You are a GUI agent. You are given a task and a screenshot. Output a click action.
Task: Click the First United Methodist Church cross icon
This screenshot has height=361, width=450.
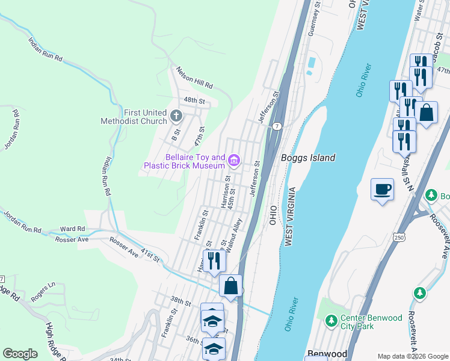click(176, 116)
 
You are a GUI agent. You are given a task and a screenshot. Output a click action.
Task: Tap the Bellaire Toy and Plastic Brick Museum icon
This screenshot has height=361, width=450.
click(234, 161)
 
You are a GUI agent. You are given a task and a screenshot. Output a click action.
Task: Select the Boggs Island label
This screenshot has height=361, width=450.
click(307, 158)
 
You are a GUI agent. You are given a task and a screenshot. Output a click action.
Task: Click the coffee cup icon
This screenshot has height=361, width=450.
click(382, 190)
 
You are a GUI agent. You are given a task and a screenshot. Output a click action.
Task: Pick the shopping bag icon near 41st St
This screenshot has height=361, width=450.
click(230, 286)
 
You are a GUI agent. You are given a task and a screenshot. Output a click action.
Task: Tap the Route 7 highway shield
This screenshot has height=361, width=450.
click(277, 126)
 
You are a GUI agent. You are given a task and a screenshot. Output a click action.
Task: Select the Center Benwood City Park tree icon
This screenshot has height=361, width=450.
click(330, 319)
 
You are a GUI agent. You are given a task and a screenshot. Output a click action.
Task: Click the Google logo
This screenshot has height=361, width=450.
click(20, 354)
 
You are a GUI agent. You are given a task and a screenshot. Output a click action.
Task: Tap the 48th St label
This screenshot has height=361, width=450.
click(194, 100)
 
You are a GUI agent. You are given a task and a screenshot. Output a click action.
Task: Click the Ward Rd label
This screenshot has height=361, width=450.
click(73, 229)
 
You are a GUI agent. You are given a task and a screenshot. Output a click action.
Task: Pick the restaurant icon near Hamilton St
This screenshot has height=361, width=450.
click(214, 261)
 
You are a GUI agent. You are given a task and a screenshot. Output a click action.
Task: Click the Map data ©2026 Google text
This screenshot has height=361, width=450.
click(412, 356)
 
